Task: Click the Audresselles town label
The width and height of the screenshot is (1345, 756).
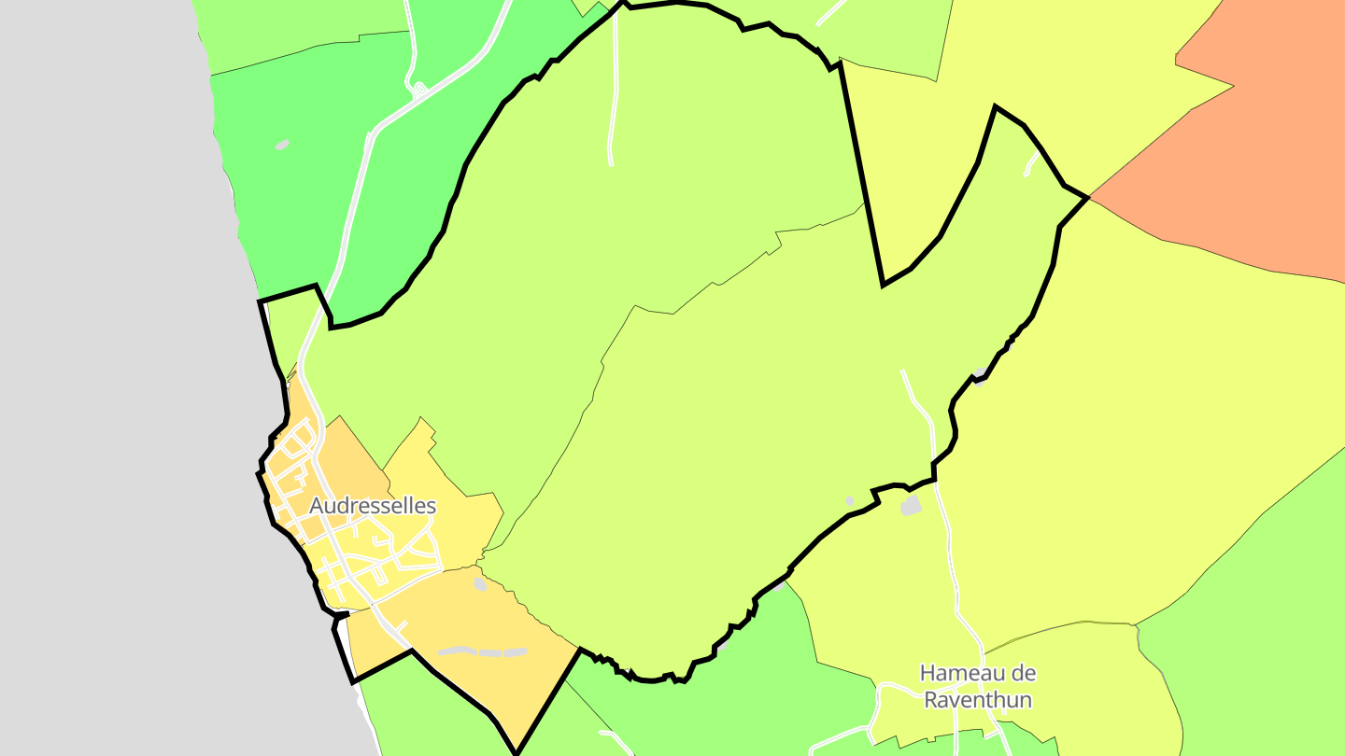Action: pyautogui.click(x=373, y=506)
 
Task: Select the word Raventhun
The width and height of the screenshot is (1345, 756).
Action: pyautogui.click(x=978, y=699)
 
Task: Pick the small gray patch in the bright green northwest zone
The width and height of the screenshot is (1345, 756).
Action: pyautogui.click(x=282, y=145)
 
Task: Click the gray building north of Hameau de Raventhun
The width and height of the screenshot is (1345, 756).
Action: pyautogui.click(x=911, y=506)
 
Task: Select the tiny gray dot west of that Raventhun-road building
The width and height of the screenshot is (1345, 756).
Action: pyautogui.click(x=849, y=501)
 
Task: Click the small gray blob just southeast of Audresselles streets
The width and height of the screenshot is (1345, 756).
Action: pyautogui.click(x=480, y=584)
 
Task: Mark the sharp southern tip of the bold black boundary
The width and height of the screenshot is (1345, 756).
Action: pyautogui.click(x=516, y=752)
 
